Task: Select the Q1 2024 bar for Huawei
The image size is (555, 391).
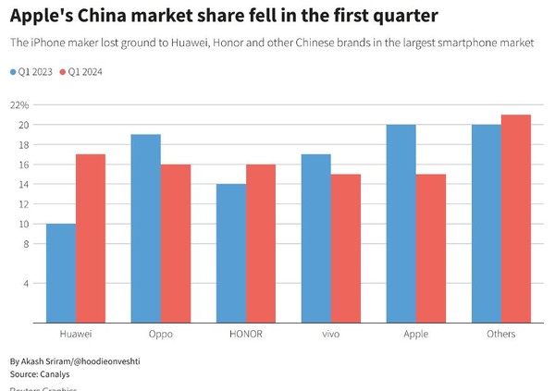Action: pyautogui.click(x=91, y=238)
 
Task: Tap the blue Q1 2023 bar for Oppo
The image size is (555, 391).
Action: pyautogui.click(x=146, y=228)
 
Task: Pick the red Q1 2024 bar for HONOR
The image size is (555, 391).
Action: pyautogui.click(x=261, y=243)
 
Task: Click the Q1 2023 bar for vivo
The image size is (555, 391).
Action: pyautogui.click(x=316, y=238)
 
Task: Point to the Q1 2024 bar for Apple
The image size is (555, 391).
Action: pyautogui.click(x=431, y=248)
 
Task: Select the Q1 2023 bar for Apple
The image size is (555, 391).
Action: pyautogui.click(x=401, y=224)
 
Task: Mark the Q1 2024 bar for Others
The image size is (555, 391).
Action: pyautogui.click(x=516, y=218)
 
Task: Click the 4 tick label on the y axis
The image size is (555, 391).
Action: pyautogui.click(x=27, y=283)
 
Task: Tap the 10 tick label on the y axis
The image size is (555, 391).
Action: pyautogui.click(x=24, y=224)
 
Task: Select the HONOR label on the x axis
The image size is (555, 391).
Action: pyautogui.click(x=246, y=334)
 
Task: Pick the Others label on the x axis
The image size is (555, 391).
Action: pyautogui.click(x=500, y=334)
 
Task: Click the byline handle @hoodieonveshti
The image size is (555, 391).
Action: pyautogui.click(x=111, y=360)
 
